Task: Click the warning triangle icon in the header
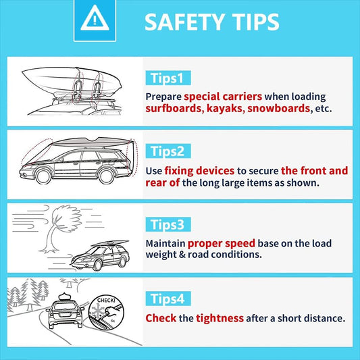point(95,19)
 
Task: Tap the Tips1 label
point(168,78)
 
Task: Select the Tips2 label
point(168,151)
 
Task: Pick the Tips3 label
point(168,224)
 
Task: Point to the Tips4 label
point(168,299)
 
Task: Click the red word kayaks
point(222,108)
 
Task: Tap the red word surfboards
point(174,108)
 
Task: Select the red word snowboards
point(279,108)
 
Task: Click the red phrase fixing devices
point(199,171)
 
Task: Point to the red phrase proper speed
point(222,244)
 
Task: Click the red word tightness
point(220,318)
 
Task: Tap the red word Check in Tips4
point(161,318)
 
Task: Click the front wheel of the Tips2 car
point(43,176)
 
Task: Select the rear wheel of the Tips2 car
point(106,176)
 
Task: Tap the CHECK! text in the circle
point(106,301)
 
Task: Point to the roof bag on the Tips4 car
point(66,297)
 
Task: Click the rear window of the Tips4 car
point(65,306)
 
